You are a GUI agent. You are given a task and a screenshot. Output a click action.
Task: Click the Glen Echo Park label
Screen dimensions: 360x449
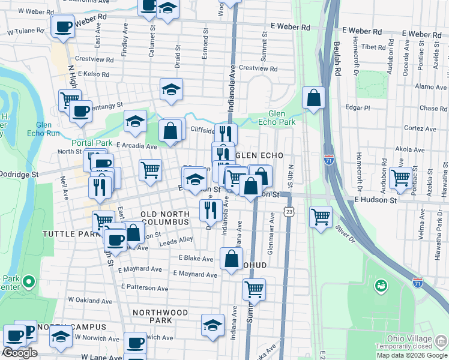[281, 117]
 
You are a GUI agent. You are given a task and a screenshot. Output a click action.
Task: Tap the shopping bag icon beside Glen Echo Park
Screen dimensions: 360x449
[313, 98]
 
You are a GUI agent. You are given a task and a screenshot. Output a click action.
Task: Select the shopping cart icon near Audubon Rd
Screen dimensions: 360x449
[400, 178]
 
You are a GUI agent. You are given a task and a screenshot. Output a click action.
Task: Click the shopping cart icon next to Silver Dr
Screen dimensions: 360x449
[321, 216]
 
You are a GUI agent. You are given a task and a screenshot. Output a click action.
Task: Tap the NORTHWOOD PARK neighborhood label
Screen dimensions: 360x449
[160, 316]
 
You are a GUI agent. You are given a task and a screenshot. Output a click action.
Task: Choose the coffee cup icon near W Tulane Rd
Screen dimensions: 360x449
[63, 26]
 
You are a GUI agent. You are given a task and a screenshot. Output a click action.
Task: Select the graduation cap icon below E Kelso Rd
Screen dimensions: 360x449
[171, 89]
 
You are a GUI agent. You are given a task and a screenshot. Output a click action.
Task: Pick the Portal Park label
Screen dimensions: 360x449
[92, 143]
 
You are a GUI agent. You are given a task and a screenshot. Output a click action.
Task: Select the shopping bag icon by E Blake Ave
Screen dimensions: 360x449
[231, 259]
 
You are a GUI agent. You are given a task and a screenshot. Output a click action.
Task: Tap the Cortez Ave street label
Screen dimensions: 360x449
[420, 128]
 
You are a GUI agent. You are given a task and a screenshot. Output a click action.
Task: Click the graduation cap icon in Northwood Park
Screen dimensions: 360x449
[212, 325]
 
